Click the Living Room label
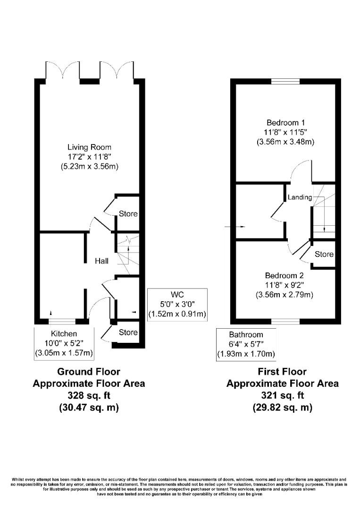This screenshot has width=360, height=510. (89, 147)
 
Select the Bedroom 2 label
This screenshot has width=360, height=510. (284, 276)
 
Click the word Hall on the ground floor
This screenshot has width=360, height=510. (102, 261)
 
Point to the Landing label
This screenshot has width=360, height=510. (300, 197)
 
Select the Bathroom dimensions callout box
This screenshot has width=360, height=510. (246, 344)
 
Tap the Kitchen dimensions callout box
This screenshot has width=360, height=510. (64, 343)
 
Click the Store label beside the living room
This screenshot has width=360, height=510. (128, 213)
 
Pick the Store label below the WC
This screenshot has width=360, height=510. (128, 332)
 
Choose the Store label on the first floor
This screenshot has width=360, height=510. (324, 254)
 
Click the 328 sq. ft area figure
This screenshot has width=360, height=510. (89, 395)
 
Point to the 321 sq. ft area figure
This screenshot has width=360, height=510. (282, 395)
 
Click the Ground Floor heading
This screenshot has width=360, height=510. (89, 372)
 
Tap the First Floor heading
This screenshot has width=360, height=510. (282, 372)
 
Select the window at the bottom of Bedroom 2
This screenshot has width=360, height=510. (285, 322)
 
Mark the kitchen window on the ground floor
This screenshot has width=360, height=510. (62, 322)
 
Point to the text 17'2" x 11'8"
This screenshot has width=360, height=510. (89, 156)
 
